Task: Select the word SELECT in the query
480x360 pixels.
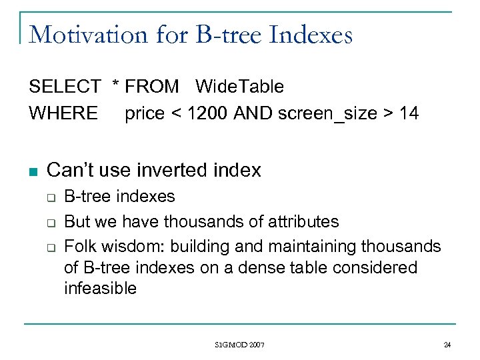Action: point(64,87)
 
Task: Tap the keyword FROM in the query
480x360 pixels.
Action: point(152,87)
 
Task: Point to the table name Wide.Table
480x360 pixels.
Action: point(239,87)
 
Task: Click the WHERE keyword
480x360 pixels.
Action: point(63,113)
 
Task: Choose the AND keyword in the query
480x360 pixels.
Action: point(253,113)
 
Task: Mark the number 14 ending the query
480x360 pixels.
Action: point(409,113)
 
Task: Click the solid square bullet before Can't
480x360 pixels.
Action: point(33,171)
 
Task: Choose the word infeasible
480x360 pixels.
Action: point(100,289)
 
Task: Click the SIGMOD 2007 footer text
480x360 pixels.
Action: point(239,345)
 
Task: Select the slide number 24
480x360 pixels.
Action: point(447,345)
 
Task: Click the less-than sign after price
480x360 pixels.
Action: point(175,114)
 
